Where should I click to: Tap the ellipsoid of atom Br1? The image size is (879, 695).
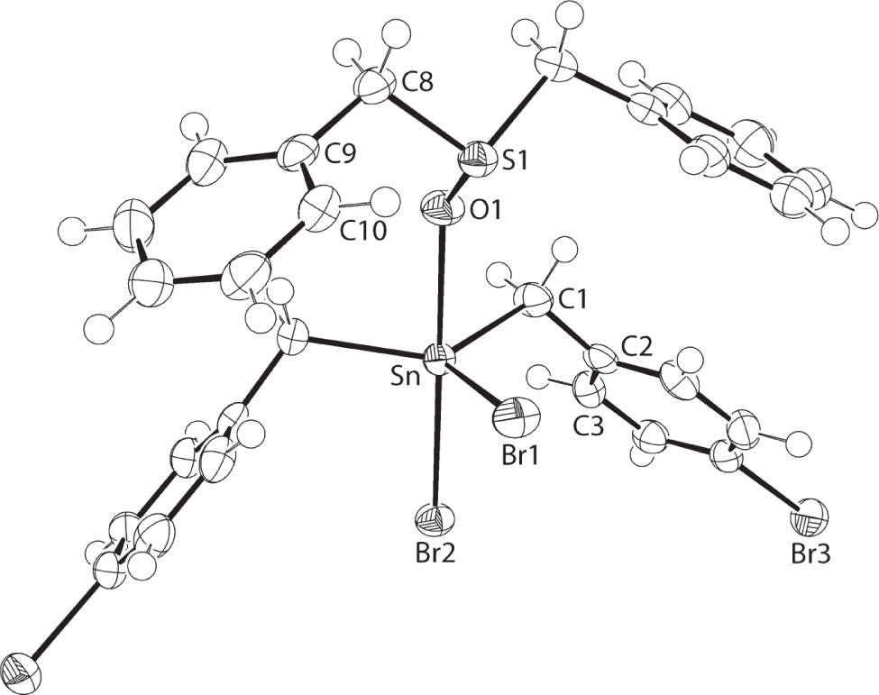pyautogui.click(x=519, y=419)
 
